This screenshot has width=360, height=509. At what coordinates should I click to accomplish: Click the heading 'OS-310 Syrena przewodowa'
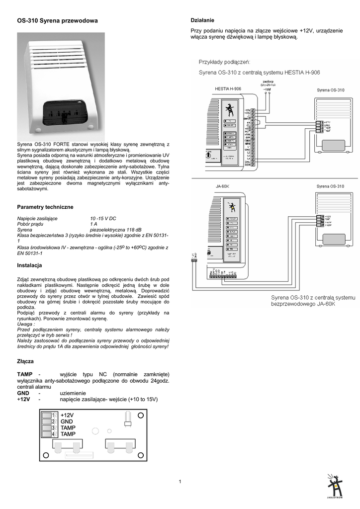pos(57,21)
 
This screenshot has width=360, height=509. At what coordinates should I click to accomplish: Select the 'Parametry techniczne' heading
pos(45,206)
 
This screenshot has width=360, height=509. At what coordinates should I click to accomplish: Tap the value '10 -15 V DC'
pos(103,218)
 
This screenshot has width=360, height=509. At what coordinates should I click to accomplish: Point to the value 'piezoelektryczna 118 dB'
pos(115,230)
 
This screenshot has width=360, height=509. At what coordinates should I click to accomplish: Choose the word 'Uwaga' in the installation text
pos(26,324)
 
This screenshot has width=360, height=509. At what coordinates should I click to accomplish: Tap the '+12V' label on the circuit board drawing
pos(67,415)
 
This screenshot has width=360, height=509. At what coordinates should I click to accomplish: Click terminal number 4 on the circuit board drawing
pos(53,434)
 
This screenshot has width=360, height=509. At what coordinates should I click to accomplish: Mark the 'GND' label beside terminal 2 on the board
pos(67,422)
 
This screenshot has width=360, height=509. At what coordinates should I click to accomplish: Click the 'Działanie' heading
pos(203,20)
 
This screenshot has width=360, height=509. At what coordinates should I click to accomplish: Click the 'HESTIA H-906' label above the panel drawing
pos(228,89)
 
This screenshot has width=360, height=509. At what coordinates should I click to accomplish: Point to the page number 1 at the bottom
pos(180,481)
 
